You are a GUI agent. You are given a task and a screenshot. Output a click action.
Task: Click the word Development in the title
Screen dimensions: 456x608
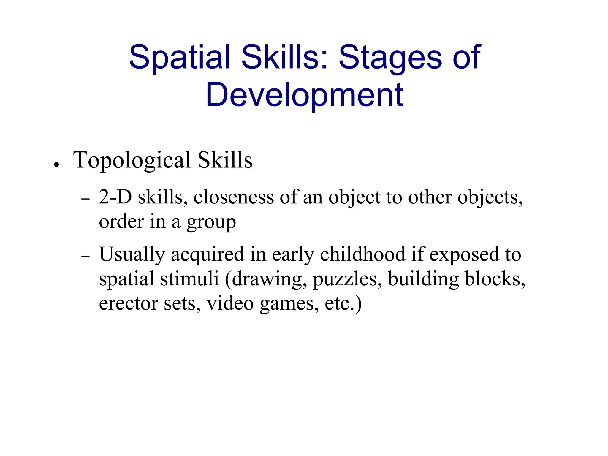[304, 95]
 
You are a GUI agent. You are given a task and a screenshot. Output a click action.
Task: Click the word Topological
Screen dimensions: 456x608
[132, 161]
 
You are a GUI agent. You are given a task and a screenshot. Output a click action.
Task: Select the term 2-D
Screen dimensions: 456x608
[115, 197]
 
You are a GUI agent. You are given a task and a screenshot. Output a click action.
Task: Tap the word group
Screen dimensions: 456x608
[211, 222]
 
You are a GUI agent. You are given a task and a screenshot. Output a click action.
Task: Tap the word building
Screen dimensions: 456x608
[423, 279]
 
